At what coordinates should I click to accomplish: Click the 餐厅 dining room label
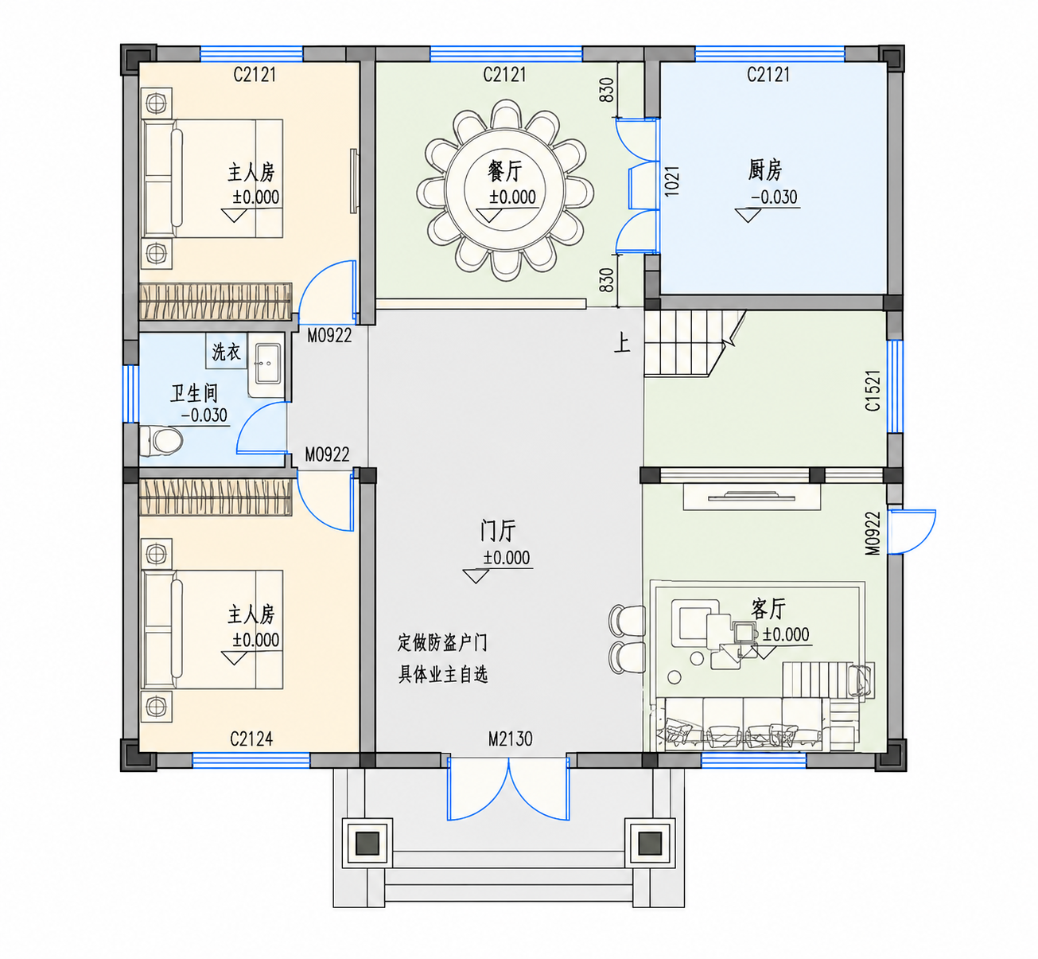(x=505, y=171)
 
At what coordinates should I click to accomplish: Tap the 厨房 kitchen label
(x=764, y=170)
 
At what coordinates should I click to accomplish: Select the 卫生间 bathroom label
(x=193, y=393)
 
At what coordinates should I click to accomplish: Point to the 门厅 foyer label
(x=498, y=531)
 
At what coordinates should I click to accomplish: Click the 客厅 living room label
(x=768, y=609)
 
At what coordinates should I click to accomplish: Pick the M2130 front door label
(x=510, y=739)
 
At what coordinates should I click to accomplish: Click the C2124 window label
(x=251, y=739)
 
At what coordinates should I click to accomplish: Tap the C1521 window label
(x=873, y=390)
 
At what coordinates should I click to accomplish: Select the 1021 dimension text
(x=672, y=181)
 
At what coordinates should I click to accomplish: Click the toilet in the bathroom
(x=161, y=440)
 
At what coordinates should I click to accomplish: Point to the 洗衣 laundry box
(x=227, y=352)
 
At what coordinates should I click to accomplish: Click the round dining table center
(x=505, y=191)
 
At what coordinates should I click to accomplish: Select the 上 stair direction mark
(x=622, y=344)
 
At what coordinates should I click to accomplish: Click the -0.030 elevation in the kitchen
(x=774, y=197)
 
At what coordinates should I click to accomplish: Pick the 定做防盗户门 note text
(x=442, y=642)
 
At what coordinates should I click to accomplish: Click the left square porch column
(x=367, y=844)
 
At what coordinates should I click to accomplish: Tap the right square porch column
(x=650, y=844)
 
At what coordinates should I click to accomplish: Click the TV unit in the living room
(x=752, y=496)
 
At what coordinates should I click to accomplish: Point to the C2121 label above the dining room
(x=504, y=75)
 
